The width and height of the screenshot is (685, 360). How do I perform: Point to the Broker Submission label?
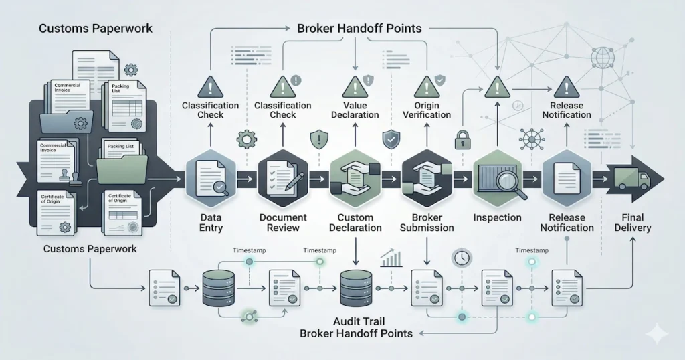(426, 222)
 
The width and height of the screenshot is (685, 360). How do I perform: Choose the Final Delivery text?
(635, 222)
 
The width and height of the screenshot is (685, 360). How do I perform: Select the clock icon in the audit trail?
(461, 257)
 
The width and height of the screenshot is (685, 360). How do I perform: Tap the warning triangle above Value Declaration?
(353, 87)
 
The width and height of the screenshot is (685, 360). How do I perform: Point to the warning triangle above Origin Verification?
(425, 87)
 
